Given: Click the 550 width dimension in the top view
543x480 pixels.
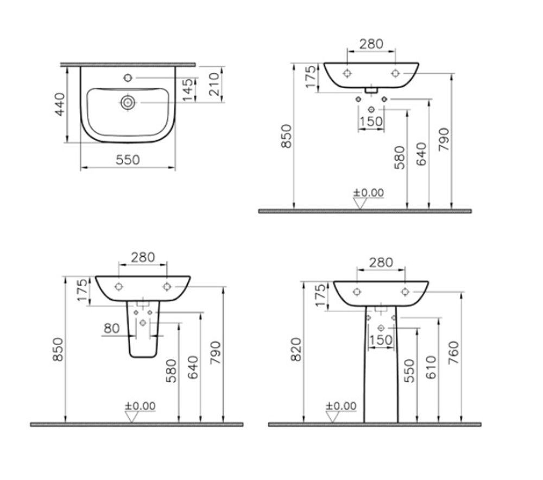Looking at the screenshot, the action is coord(128,160).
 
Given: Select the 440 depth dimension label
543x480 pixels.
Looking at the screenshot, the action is coord(60,104).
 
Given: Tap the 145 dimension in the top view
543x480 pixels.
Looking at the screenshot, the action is coord(188,90).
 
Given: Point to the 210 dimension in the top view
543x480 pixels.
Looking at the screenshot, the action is coord(214,84).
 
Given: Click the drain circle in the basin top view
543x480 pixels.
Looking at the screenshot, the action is coord(128,103).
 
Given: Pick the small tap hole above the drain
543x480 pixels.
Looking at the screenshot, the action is coord(128,78).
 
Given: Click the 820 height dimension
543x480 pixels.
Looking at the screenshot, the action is coord(296,350).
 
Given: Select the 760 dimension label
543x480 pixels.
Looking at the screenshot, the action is coord(453,352).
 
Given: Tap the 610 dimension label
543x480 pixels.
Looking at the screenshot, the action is coord(431,367).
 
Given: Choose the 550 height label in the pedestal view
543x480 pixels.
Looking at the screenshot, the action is coord(409,371).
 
